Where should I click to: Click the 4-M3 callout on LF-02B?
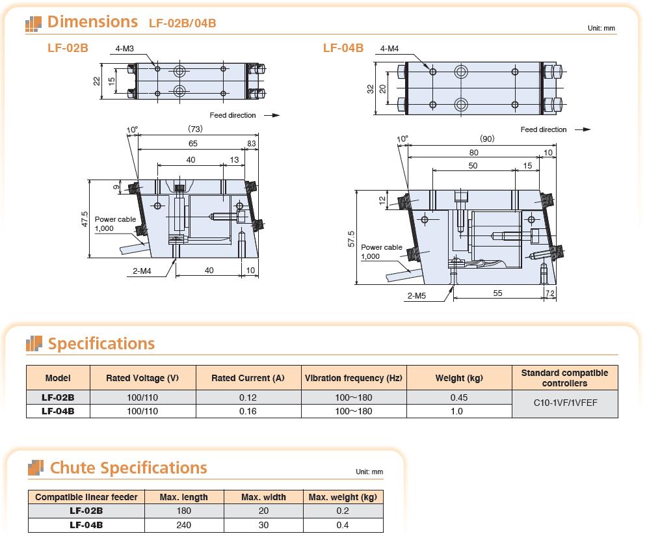click(124, 49)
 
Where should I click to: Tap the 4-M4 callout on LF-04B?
click(389, 49)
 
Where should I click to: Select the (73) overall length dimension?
click(195, 129)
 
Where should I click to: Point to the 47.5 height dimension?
click(85, 219)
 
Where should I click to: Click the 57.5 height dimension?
click(351, 239)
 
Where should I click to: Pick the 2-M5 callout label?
click(416, 296)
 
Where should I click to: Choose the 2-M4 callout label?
click(142, 271)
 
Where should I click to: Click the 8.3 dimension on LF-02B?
click(251, 144)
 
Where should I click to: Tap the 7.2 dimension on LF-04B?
click(550, 293)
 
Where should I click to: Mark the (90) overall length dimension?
click(487, 139)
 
